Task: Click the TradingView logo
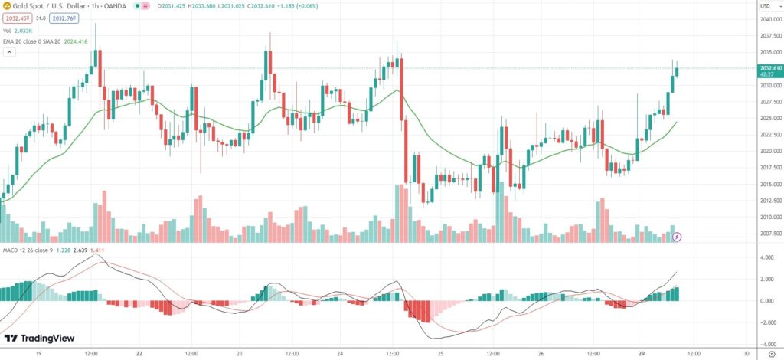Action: point(36,339)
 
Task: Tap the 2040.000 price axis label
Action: point(769,20)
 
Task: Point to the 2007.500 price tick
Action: point(769,234)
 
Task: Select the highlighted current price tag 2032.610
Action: point(770,68)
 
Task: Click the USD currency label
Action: point(764,6)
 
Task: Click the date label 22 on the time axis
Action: point(139,354)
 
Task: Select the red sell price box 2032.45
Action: point(17,18)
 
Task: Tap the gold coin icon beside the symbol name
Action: point(6,6)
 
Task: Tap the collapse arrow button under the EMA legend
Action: point(10,52)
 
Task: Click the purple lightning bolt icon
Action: point(677,237)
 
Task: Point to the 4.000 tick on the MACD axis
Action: point(766,257)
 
